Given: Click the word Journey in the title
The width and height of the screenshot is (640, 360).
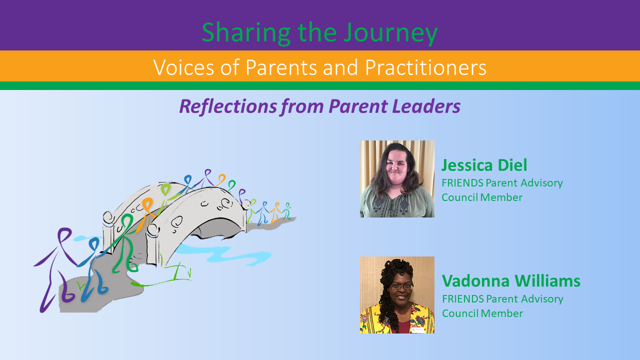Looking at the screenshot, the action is (x=390, y=33).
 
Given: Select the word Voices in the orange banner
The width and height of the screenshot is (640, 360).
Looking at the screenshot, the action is (x=183, y=67).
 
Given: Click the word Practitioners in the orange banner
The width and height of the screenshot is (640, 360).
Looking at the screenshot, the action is (x=425, y=67).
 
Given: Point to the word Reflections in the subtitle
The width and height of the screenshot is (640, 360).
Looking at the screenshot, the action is (x=228, y=106).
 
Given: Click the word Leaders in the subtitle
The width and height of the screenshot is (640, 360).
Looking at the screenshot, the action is (x=426, y=106).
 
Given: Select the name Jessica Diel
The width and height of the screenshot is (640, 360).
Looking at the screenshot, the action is (x=484, y=165).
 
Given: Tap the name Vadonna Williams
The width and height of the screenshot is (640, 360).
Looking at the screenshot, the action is (x=511, y=281).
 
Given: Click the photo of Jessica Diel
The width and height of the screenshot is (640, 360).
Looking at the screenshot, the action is (x=397, y=179).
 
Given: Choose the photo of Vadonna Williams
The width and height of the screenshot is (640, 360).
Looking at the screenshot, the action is (x=397, y=295).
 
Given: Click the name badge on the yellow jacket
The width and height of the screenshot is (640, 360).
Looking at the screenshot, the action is (x=417, y=330).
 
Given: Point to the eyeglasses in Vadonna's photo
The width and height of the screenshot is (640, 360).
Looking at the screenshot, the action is (x=401, y=286).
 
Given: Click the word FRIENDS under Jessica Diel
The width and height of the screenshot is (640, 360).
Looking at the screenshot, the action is (x=462, y=183).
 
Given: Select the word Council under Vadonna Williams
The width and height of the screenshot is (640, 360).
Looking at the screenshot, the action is (x=460, y=313).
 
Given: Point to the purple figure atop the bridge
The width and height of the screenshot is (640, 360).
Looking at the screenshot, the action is (x=207, y=177).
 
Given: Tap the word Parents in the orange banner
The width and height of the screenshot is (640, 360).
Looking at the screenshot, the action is (x=281, y=67).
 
